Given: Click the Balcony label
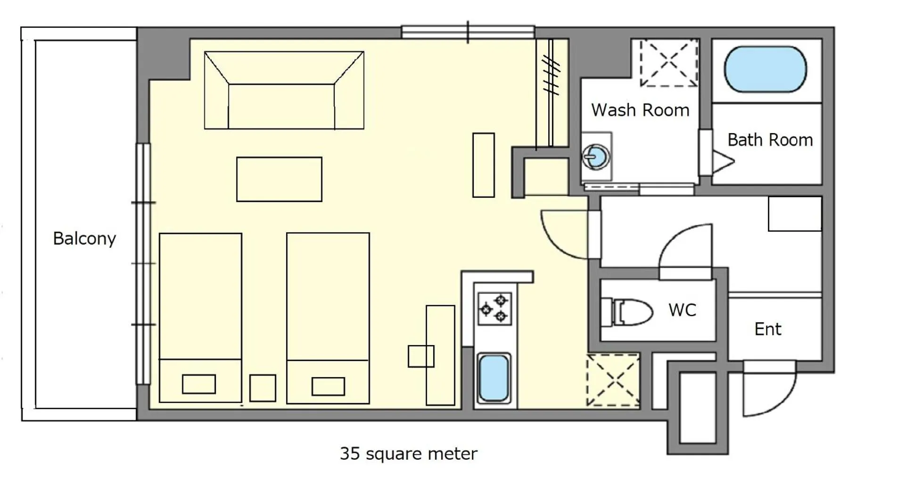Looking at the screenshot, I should click(84, 238).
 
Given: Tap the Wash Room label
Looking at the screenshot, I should click(640, 110).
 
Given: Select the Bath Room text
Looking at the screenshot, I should click(770, 140).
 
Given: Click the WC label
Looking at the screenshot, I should click(682, 310).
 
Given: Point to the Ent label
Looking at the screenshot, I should click(767, 329).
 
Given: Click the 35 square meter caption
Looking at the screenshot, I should click(408, 454).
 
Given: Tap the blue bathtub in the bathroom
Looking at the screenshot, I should click(765, 69).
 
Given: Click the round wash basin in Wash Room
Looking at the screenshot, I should click(596, 156).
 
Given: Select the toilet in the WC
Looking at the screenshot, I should click(627, 312).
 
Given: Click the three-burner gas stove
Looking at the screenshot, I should click(494, 309).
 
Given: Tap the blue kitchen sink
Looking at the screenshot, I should click(494, 378).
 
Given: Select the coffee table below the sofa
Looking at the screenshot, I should click(279, 179).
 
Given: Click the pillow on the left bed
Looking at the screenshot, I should click(199, 384).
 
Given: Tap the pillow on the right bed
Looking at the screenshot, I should click(328, 387).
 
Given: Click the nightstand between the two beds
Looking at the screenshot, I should click(263, 388).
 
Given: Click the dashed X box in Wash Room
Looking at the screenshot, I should click(668, 63).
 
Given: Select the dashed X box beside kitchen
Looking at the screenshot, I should click(612, 380).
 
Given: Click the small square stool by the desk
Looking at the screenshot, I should click(420, 356).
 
